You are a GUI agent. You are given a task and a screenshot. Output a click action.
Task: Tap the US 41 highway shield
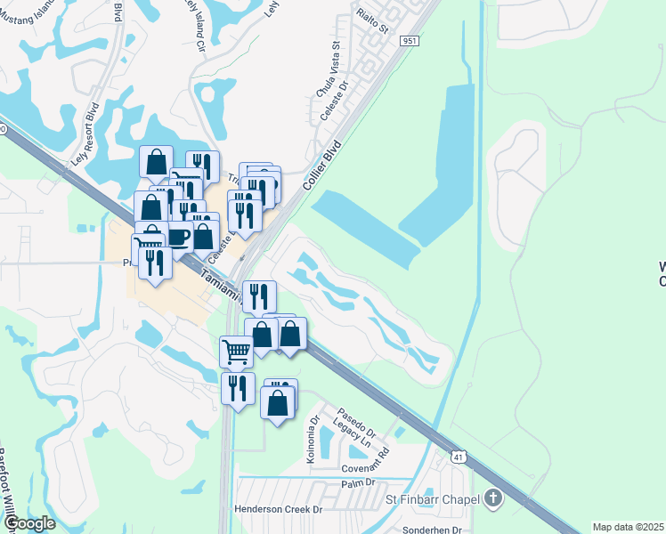458,457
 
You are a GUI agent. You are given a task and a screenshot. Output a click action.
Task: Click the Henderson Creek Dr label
278,509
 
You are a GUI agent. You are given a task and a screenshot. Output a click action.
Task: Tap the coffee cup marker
176,237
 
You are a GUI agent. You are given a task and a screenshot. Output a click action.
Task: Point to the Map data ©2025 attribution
628,527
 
